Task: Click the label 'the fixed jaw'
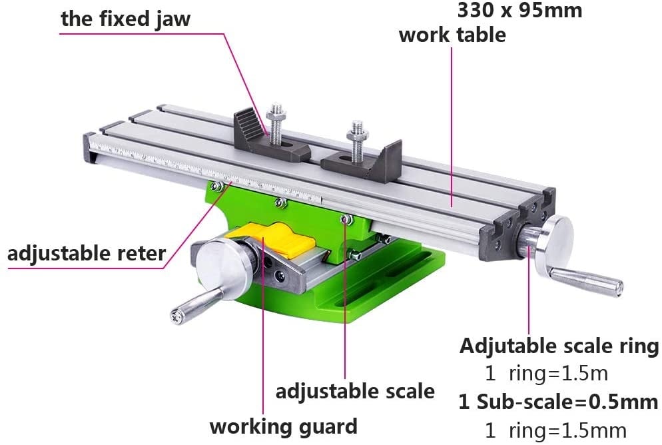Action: (125, 19)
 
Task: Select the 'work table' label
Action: (452, 35)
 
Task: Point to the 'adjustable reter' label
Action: (87, 254)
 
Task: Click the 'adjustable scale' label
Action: (355, 392)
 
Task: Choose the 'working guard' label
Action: (283, 427)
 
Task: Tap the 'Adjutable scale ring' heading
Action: (559, 346)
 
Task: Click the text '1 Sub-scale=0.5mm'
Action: (558, 402)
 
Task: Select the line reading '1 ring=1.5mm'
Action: (555, 430)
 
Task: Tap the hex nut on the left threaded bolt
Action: (276, 113)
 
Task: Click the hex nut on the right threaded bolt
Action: (358, 135)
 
